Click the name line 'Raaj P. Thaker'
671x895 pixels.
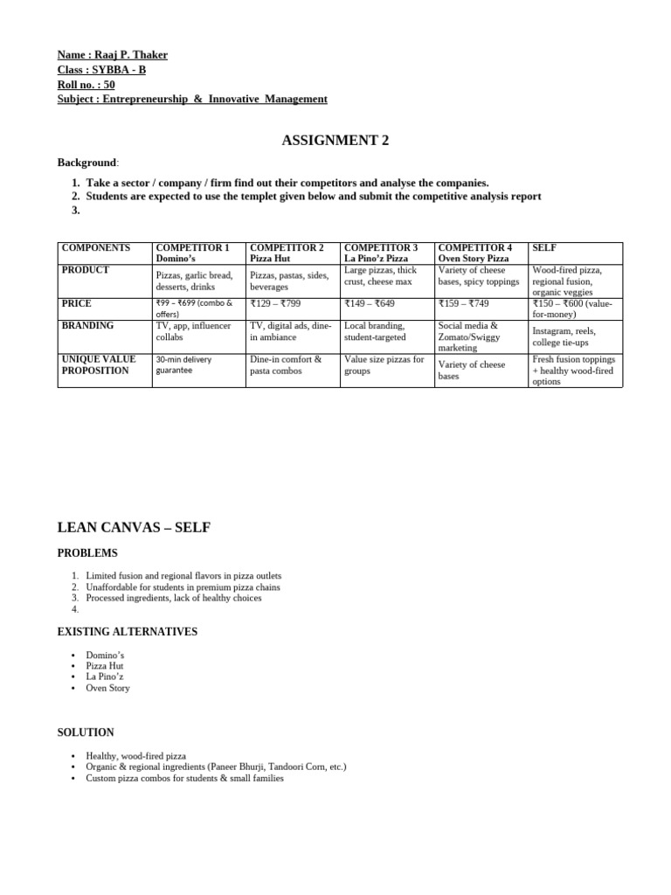pos(113,55)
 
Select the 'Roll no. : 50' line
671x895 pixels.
pos(86,85)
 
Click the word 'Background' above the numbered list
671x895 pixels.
pos(86,163)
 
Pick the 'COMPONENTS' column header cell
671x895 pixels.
pos(96,248)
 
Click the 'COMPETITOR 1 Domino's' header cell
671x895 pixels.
pos(192,253)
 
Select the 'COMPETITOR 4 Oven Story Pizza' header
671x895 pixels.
pos(475,253)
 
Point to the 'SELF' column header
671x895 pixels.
pos(545,248)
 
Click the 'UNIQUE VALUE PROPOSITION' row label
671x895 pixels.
pos(95,364)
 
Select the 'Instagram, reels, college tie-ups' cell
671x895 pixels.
pos(563,337)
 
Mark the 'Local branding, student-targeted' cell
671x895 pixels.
pos(376,331)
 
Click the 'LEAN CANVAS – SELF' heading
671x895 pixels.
pos(134,527)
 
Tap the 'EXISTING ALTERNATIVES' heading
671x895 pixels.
pos(128,631)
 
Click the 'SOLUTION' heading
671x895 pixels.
pos(86,732)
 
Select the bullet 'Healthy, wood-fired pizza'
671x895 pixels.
pos(136,755)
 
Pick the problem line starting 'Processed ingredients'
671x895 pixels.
pos(174,598)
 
